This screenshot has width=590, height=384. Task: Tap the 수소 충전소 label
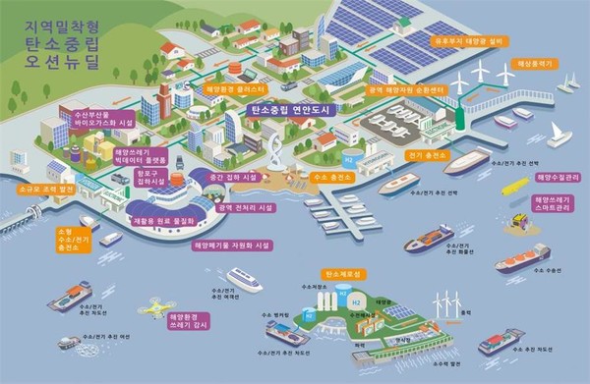[334, 178]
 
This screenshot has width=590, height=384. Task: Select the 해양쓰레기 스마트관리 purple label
[555, 205]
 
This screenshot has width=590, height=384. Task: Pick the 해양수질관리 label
[558, 178]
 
